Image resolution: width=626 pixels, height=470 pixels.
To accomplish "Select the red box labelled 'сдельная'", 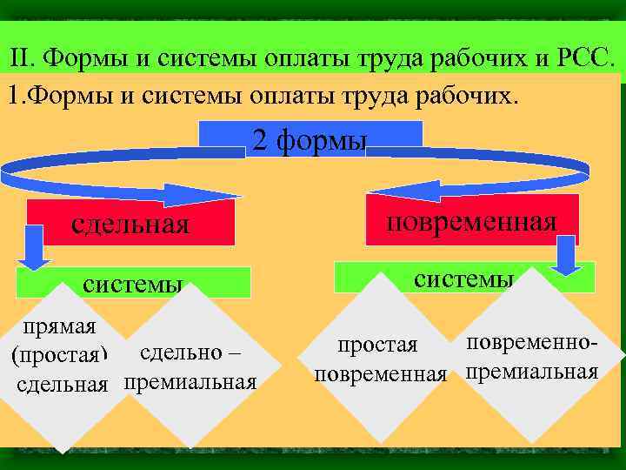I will click(130, 224).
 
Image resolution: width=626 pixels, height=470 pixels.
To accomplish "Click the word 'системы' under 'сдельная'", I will click(132, 284).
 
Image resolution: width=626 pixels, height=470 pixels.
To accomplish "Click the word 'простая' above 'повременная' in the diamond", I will click(378, 346).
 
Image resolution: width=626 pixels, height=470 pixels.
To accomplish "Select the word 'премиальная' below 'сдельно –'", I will click(190, 382).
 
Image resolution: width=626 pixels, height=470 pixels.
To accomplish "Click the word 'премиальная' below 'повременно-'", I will click(531, 373).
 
